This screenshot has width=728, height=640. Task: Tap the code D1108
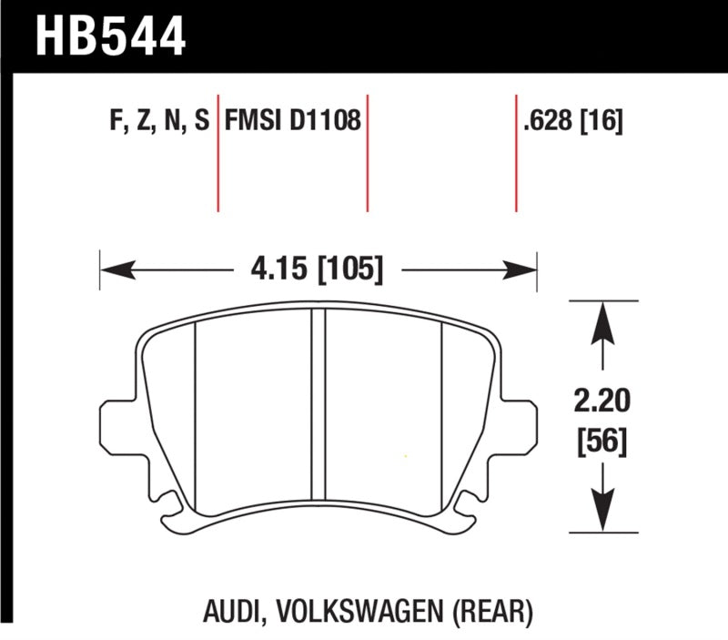point(326,122)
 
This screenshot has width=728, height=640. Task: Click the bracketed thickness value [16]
point(602,122)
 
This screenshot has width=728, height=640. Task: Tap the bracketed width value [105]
point(345,269)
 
